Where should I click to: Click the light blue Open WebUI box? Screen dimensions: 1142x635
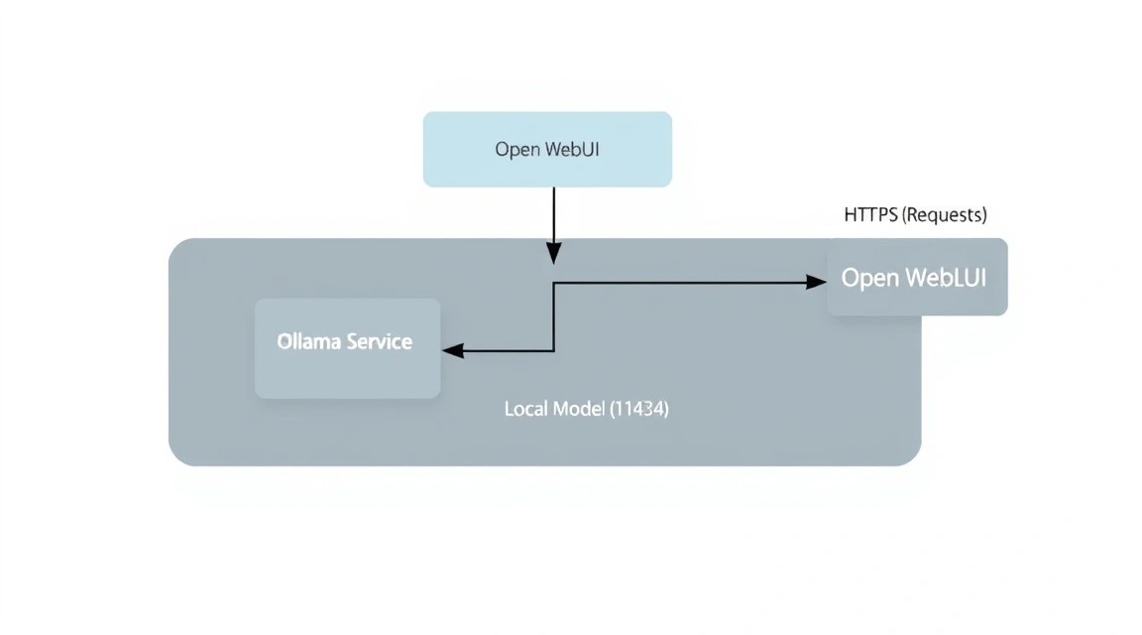tap(547, 150)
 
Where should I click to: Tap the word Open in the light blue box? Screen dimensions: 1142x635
tap(517, 150)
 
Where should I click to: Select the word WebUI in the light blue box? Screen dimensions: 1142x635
tap(572, 150)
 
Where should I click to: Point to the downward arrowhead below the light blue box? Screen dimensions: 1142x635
tap(553, 253)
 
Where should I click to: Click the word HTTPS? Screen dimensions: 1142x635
tap(870, 215)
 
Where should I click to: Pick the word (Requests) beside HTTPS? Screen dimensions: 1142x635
tap(945, 215)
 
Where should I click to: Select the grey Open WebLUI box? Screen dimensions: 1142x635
tap(918, 277)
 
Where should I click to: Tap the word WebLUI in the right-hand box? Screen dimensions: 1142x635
tap(946, 278)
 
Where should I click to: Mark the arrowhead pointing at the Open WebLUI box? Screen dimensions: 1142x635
tap(817, 282)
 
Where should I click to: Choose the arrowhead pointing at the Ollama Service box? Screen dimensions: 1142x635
tap(453, 350)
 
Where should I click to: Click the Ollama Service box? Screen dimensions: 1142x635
tap(347, 348)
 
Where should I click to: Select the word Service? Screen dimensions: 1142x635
tap(379, 341)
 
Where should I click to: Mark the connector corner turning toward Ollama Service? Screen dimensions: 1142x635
tap(554, 350)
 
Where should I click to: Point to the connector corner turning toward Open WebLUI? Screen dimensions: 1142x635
tap(554, 283)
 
